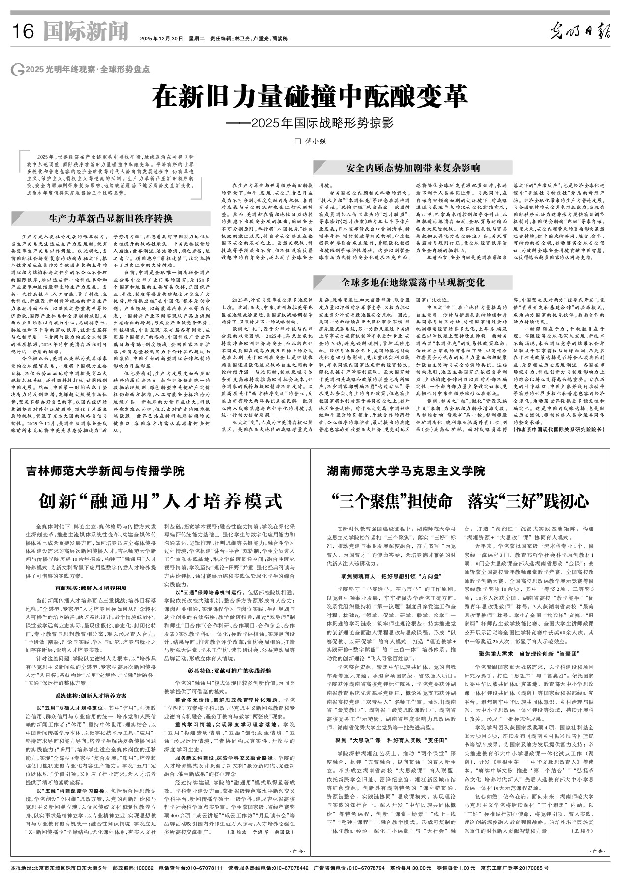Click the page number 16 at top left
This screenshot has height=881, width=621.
click(22, 32)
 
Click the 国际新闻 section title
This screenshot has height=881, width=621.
click(86, 31)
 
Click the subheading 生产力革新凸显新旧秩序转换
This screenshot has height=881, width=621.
click(110, 218)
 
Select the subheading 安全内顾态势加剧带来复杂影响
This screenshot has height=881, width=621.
click(413, 168)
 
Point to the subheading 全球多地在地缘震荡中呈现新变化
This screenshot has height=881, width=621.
click(413, 282)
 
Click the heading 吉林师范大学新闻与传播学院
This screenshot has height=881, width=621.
click(105, 471)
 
